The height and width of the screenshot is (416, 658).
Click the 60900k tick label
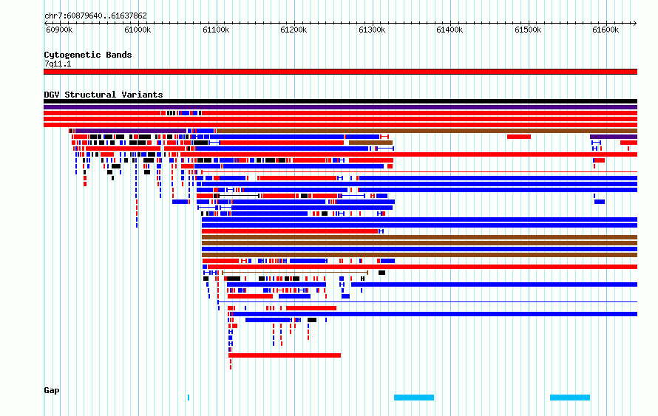coord(59,30)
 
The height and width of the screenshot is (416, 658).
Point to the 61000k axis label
coord(138,30)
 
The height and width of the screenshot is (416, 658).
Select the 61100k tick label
coord(216,30)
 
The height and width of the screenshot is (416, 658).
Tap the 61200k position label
coord(294,30)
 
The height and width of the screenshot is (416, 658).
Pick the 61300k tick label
coord(372,30)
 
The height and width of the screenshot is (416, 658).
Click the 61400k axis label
coord(450,30)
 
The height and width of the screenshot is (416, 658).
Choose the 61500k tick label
coord(528,30)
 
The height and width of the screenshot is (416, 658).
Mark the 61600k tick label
coord(606,30)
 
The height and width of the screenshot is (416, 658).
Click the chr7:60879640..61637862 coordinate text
coord(95,16)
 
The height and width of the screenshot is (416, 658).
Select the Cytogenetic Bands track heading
coord(88,55)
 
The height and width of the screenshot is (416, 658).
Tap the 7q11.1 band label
coord(58,64)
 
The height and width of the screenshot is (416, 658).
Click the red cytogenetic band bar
coord(340,72)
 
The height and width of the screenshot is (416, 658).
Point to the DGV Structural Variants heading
coord(104,95)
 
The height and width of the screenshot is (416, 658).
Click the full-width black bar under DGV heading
coord(340,101)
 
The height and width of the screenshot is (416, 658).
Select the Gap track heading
coord(52,390)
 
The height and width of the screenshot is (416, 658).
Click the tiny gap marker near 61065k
coord(189,397)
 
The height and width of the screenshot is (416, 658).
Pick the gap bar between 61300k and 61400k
coord(414,397)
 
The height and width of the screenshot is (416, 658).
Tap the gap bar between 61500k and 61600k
coord(570,397)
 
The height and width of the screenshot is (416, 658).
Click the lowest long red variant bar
coord(285,355)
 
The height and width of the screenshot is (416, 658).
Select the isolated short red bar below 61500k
coord(519,137)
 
